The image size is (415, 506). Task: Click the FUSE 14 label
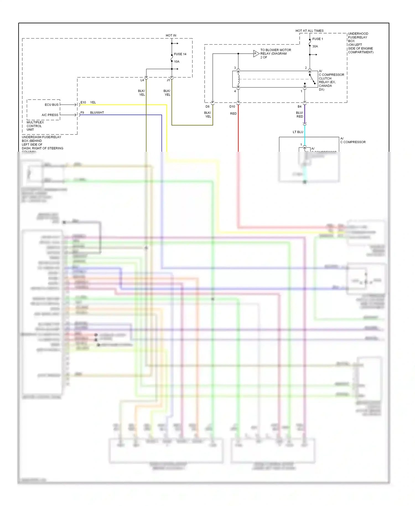(180, 54)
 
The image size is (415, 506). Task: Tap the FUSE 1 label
(318, 39)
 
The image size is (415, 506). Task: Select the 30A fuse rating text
(315, 47)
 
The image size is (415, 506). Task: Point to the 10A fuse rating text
(177, 61)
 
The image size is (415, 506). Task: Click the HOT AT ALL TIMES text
(309, 31)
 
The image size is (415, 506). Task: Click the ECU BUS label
(51, 105)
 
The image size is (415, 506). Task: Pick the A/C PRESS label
(50, 115)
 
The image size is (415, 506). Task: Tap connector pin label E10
(83, 102)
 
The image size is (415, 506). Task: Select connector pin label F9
(82, 113)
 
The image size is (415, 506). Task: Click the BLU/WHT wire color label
(97, 113)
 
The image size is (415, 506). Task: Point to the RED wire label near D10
(233, 113)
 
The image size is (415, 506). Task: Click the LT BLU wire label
(298, 132)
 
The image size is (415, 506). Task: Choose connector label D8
(207, 107)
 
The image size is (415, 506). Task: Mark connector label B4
(299, 107)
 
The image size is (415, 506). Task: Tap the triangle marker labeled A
(256, 53)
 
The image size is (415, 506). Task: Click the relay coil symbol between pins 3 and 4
(238, 79)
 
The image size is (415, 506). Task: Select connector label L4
(142, 80)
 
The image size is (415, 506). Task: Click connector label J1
(168, 80)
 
